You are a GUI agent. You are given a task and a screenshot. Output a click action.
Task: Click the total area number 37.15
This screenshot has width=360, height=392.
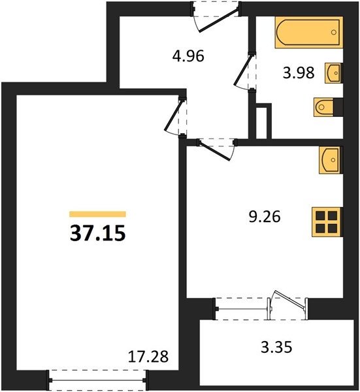[x=97, y=233]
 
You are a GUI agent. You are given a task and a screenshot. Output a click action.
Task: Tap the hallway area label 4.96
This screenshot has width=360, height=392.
[x=188, y=56]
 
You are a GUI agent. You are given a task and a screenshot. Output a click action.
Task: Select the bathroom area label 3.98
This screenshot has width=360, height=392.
[x=299, y=73]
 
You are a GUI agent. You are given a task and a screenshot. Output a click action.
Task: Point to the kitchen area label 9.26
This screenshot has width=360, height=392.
[x=265, y=216]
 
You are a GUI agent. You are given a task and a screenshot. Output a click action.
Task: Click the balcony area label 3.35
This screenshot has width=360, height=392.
[x=276, y=348]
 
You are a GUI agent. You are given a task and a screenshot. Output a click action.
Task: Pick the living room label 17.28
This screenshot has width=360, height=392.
[x=148, y=357]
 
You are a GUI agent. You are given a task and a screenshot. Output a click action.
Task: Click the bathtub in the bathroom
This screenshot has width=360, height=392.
[x=309, y=32]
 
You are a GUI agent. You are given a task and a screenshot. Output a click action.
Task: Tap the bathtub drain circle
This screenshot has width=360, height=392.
[x=333, y=32]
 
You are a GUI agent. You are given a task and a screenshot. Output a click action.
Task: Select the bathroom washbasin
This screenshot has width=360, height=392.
[x=333, y=73]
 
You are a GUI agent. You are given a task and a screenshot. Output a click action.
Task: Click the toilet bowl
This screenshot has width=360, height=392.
[x=324, y=107]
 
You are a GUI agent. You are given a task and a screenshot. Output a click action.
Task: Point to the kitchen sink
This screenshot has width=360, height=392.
[x=330, y=160]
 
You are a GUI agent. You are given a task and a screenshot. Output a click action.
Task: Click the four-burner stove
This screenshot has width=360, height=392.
[x=327, y=222]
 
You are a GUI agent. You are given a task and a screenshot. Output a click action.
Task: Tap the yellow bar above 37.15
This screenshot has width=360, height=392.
[x=97, y=214]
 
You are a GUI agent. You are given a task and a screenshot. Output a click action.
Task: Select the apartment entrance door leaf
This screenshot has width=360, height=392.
[x=218, y=20]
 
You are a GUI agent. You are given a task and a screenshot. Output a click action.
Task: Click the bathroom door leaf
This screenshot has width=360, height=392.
[x=243, y=70]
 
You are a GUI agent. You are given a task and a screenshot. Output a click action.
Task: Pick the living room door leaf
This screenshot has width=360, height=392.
[x=174, y=116]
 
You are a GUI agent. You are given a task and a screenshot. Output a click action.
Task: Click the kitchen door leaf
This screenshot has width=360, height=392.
[x=214, y=150]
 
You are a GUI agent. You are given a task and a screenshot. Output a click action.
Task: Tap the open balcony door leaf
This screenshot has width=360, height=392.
[x=290, y=299]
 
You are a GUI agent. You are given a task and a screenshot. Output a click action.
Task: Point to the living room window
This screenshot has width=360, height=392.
[x=97, y=380]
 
